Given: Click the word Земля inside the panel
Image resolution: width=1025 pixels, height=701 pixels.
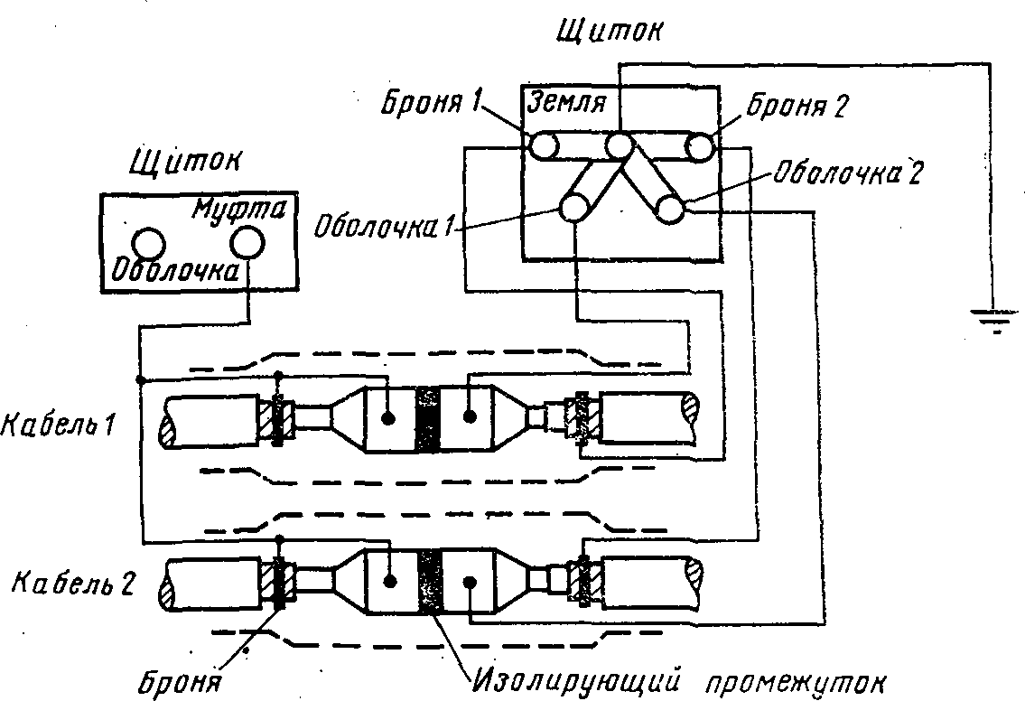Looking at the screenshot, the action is point(566,102).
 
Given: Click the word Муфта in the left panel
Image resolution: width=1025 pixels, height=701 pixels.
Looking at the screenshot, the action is point(239,210).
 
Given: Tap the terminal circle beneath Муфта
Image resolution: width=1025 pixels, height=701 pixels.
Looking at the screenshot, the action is point(248,243).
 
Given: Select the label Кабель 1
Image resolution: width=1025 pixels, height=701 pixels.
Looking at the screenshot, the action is point(58,425).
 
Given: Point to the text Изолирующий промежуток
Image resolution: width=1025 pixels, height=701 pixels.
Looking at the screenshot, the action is point(678,682).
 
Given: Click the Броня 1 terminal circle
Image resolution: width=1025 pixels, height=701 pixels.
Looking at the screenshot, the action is point(544,145).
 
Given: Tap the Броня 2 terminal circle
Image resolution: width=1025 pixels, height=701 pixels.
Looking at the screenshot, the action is point(700,146).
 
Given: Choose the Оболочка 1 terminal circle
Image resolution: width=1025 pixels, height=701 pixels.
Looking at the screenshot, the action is point(574,209).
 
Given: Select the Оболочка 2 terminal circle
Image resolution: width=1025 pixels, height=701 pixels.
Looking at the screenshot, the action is point(670,210).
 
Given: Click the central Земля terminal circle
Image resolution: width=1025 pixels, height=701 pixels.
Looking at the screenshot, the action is point(618,146).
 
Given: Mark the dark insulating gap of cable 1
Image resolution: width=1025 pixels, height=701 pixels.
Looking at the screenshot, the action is point(427,419).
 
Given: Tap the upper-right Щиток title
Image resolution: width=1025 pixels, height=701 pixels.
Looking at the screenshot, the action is point(608,30).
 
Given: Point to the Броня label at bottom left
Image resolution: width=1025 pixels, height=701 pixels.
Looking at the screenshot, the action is point(179,683).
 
